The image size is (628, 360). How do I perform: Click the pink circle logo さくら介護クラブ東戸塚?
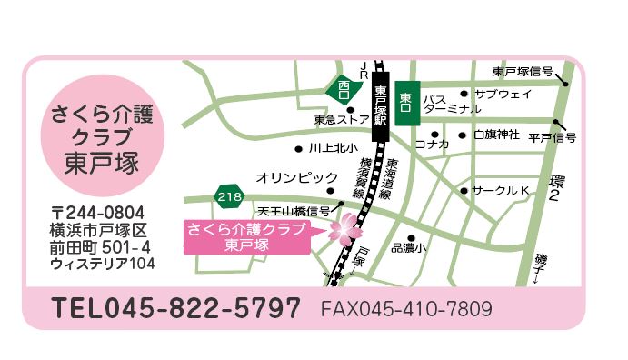(102, 136)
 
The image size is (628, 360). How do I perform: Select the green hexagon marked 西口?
(343, 89)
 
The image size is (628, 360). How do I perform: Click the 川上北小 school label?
(333, 147)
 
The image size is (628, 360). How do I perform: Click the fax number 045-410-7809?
(405, 309)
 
